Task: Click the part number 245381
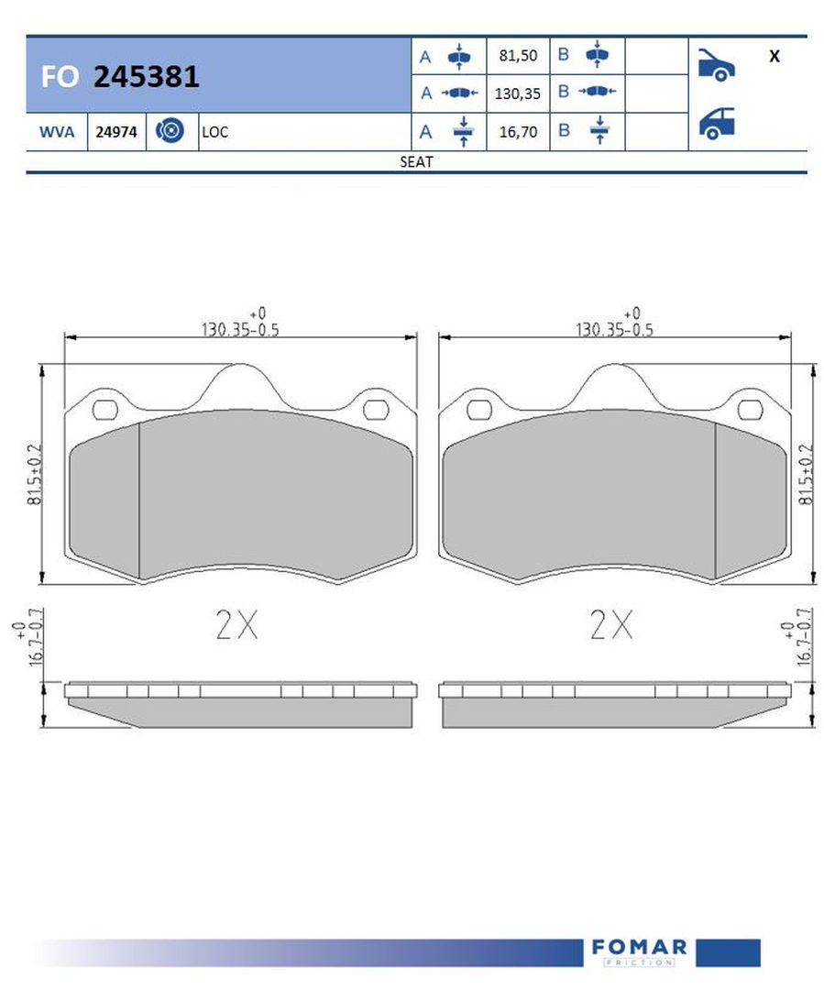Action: coord(147,77)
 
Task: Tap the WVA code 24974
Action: coord(116,132)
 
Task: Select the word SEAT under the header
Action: coord(416,161)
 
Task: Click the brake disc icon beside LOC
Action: coord(170,131)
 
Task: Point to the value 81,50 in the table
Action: coord(518,56)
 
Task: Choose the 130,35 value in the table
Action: coord(518,93)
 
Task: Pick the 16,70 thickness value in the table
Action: coord(518,132)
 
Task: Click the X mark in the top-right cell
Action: coord(775,56)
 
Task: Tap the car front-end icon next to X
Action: coord(716,63)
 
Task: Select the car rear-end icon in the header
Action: coord(716,123)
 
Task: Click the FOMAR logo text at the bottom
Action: coord(639,947)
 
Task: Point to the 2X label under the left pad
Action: coord(236,625)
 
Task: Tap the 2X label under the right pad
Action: coord(611,625)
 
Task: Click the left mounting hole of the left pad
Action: coord(107,409)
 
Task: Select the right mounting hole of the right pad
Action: coord(752,409)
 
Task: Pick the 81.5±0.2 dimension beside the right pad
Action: coord(807,475)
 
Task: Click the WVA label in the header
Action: coord(57,132)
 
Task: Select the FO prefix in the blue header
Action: coord(60,77)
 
